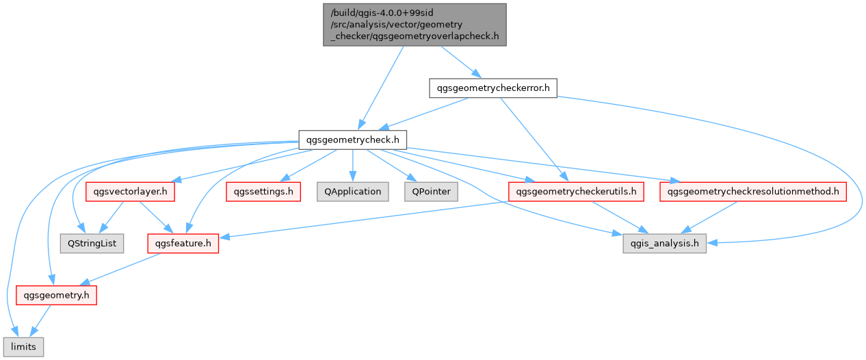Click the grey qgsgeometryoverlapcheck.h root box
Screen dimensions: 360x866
point(415,25)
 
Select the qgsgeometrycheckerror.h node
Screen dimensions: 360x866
point(493,88)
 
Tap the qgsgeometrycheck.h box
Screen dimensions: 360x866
point(353,140)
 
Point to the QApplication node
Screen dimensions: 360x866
point(353,192)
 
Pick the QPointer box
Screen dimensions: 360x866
point(431,192)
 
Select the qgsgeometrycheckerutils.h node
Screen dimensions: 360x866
point(577,192)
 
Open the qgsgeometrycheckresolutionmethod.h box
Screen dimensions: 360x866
point(753,192)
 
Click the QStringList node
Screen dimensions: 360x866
point(92,243)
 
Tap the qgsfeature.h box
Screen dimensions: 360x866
point(183,243)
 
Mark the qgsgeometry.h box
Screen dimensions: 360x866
point(56,295)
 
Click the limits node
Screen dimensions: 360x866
point(23,347)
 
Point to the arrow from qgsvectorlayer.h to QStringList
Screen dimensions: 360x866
point(111,217)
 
